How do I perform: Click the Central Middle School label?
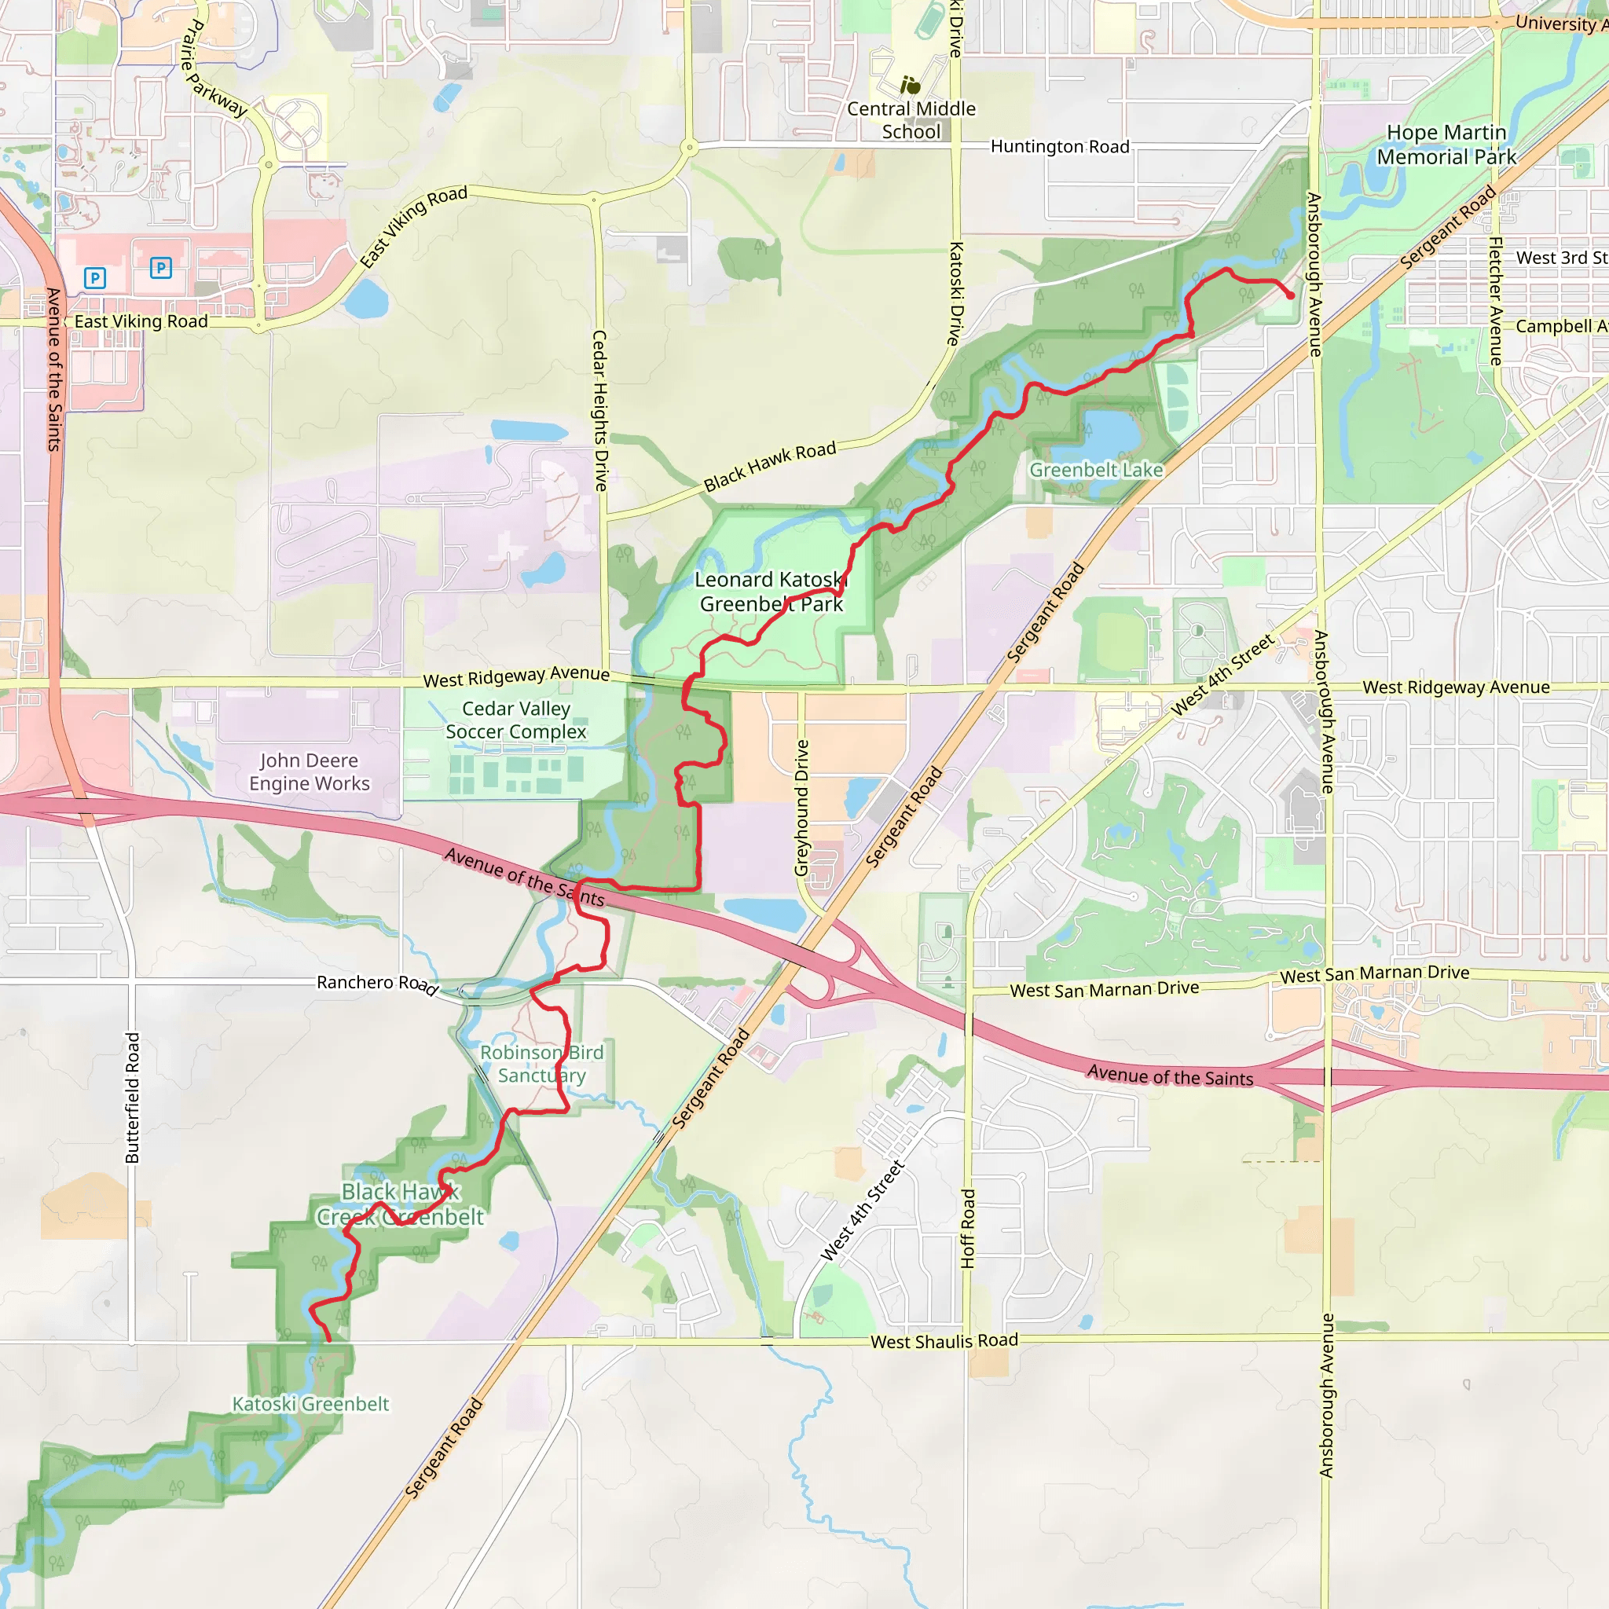tap(911, 120)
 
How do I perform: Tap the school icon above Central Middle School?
tap(911, 85)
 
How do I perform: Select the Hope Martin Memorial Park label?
tap(1446, 145)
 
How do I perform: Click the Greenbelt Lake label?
tap(1096, 470)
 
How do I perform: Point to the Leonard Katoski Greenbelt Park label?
tap(772, 592)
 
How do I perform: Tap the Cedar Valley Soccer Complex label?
tap(516, 720)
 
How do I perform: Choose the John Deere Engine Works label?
tap(309, 772)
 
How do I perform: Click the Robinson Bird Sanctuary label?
tap(541, 1064)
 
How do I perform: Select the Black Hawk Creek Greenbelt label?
tap(400, 1204)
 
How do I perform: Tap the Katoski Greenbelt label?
tap(310, 1404)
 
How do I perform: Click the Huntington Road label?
tap(1059, 147)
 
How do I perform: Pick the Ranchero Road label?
tap(376, 984)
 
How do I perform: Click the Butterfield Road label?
tap(133, 1098)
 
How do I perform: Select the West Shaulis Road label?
tap(944, 1342)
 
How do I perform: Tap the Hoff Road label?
tap(968, 1229)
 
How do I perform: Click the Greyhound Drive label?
tap(801, 808)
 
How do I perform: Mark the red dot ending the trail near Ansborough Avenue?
tap(1290, 295)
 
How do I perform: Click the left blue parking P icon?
tap(95, 277)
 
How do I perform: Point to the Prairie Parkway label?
tap(214, 68)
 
